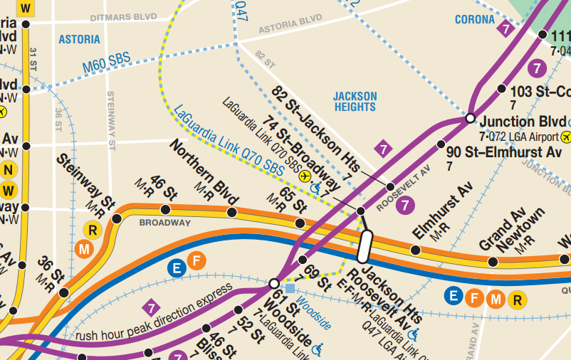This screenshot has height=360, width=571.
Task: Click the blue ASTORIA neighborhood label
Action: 79,39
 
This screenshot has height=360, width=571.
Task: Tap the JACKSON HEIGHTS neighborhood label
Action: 355,102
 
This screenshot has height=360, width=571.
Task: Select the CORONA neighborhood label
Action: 475,20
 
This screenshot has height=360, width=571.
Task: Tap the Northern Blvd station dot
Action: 231,212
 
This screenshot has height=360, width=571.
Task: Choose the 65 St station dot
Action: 300,223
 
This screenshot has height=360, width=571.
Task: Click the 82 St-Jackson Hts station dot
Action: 390,187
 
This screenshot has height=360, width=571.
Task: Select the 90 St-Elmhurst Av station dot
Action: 440,145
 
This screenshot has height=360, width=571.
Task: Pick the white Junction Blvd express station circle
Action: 470,117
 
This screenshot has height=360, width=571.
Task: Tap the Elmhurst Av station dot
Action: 415,250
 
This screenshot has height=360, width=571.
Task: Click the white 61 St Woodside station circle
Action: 274,283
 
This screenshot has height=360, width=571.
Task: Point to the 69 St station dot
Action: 302,260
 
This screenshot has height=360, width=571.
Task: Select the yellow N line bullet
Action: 9,170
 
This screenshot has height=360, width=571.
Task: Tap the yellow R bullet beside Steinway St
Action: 92,230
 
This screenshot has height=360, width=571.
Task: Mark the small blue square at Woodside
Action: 289,288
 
